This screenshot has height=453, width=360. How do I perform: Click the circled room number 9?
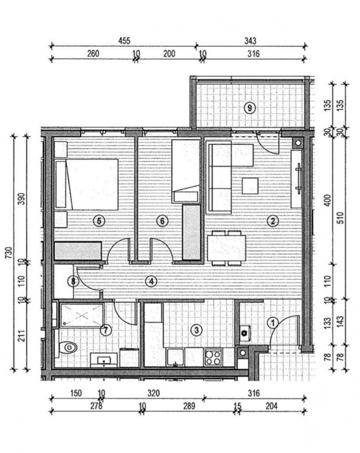point(250,108)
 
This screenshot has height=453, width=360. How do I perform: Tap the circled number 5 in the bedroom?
point(99,221)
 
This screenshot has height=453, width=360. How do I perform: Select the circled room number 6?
point(162,221)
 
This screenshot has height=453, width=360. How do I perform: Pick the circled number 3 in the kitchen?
point(197,330)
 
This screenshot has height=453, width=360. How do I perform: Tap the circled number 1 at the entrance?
point(272,323)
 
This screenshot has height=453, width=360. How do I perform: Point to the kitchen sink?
point(175,358)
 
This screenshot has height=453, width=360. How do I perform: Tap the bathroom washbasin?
point(104,360)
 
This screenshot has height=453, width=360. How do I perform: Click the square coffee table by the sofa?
point(250,186)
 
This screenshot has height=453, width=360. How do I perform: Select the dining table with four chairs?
point(227,248)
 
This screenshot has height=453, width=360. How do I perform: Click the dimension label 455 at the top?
point(124,41)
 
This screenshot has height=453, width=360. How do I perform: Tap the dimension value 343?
point(250,41)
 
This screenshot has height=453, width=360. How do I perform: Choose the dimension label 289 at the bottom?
point(189,406)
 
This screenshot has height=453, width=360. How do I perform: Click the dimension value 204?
point(272,406)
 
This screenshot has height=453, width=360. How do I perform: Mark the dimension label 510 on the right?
point(341,218)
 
